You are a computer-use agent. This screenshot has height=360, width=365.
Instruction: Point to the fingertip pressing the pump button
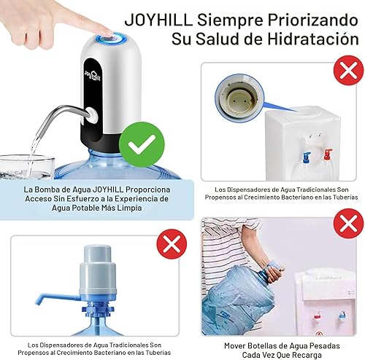tap(107, 31)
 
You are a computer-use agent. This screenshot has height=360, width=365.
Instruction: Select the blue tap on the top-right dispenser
tap(307, 154)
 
